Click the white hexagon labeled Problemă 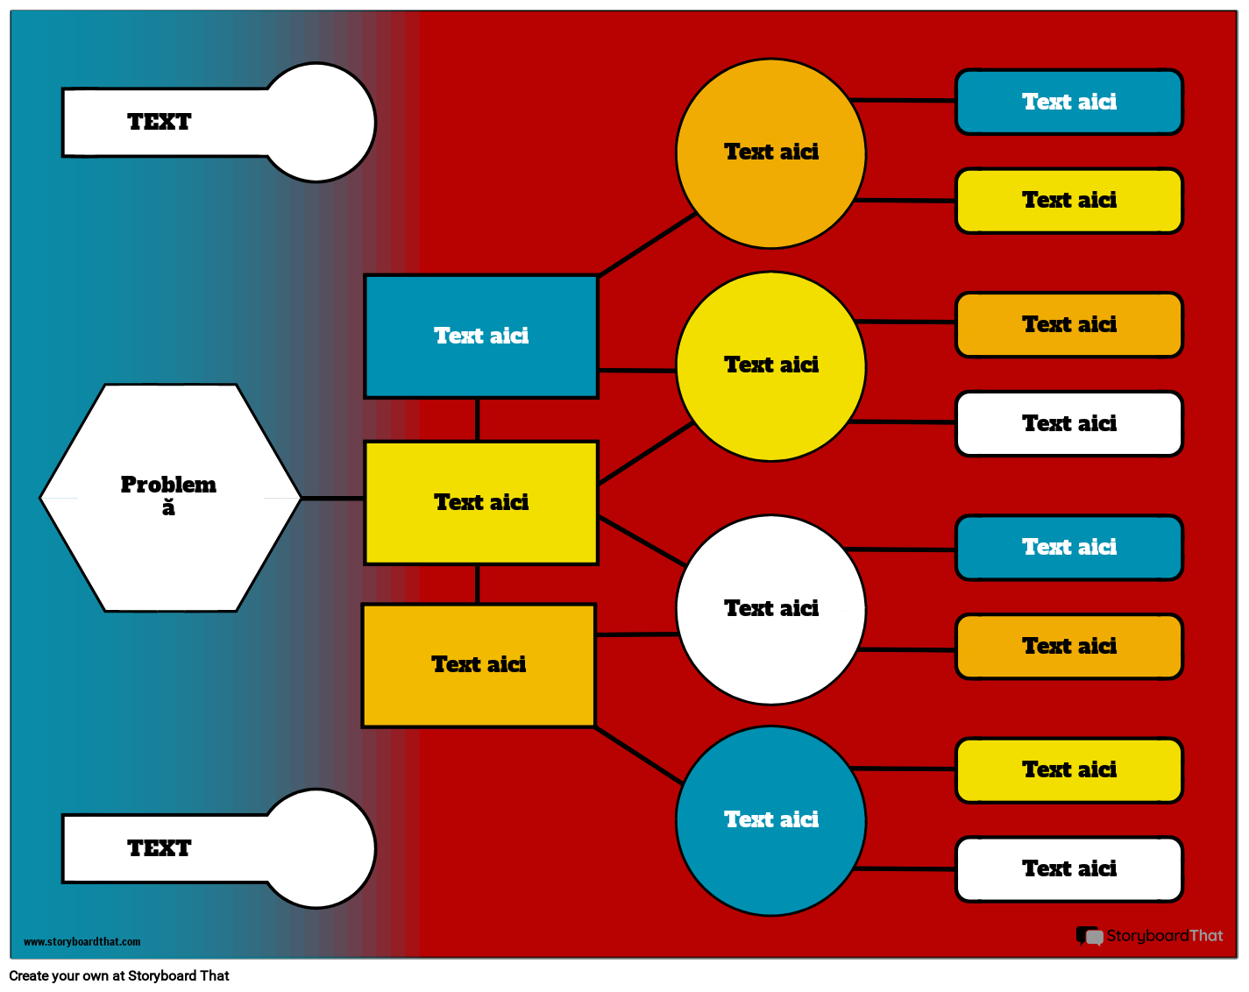pos(170,526)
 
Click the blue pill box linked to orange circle pos(1068,103)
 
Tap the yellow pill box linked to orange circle pos(1068,201)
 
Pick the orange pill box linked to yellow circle pos(1068,325)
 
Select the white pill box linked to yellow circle pos(1068,424)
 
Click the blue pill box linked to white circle pos(1068,548)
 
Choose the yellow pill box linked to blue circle pos(1068,770)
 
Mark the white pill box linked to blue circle pos(1068,869)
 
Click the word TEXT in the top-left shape pos(159,123)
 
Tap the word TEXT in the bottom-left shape pos(159,848)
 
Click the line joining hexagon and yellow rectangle pos(332,498)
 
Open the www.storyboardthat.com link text pos(82,942)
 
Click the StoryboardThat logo pos(1149,936)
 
